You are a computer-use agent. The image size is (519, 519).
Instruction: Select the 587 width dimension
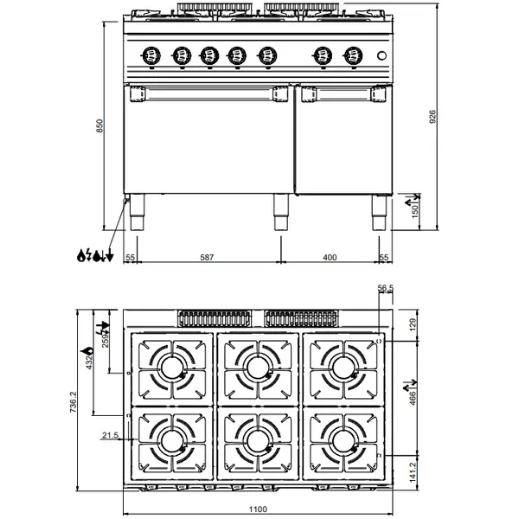(207, 258)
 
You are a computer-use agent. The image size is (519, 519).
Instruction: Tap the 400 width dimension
(330, 258)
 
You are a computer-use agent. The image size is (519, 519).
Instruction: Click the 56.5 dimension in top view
(386, 289)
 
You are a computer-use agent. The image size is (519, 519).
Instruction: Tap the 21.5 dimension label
(109, 434)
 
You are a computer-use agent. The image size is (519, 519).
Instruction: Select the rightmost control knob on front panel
(351, 54)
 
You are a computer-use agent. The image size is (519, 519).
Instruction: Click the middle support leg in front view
(279, 211)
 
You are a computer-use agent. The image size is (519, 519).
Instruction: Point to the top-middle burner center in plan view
(258, 367)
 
